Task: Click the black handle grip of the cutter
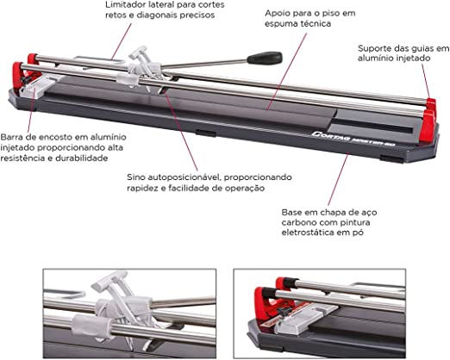265,58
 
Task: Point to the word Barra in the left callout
11,137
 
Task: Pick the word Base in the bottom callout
291,213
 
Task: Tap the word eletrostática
308,232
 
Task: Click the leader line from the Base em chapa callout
338,180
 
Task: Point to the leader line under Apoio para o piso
287,71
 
